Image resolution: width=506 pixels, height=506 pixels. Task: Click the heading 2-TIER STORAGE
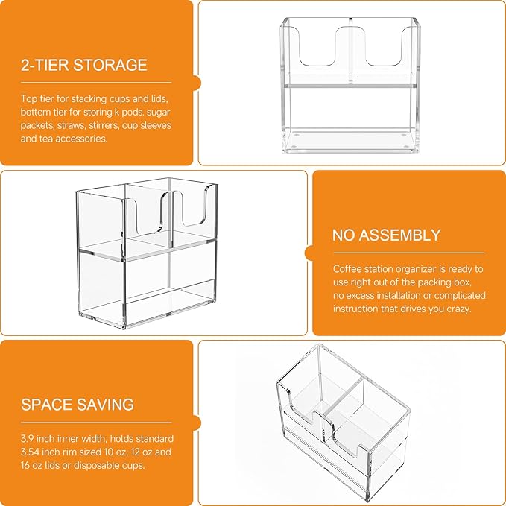(84, 65)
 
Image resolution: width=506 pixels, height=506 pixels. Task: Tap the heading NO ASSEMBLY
(386, 235)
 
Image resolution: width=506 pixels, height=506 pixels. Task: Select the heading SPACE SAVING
(78, 405)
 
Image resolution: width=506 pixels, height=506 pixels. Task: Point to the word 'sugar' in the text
(158, 113)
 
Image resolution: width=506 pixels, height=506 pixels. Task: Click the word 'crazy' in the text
(459, 309)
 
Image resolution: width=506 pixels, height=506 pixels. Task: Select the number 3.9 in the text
(27, 438)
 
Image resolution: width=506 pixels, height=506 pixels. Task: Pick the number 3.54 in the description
(30, 452)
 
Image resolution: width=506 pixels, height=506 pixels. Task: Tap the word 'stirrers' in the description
(99, 125)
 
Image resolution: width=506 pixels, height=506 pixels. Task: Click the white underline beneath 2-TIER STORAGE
(96, 83)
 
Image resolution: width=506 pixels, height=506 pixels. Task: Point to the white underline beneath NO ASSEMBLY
(408, 253)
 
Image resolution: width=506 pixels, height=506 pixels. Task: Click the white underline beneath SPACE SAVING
(96, 423)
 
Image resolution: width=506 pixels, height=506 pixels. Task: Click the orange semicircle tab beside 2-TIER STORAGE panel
(197, 83)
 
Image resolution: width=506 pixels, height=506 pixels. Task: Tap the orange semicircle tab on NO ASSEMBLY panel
(309, 253)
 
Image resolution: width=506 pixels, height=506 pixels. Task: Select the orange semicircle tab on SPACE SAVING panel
(197, 423)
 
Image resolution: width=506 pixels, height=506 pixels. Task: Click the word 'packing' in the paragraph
(436, 282)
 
